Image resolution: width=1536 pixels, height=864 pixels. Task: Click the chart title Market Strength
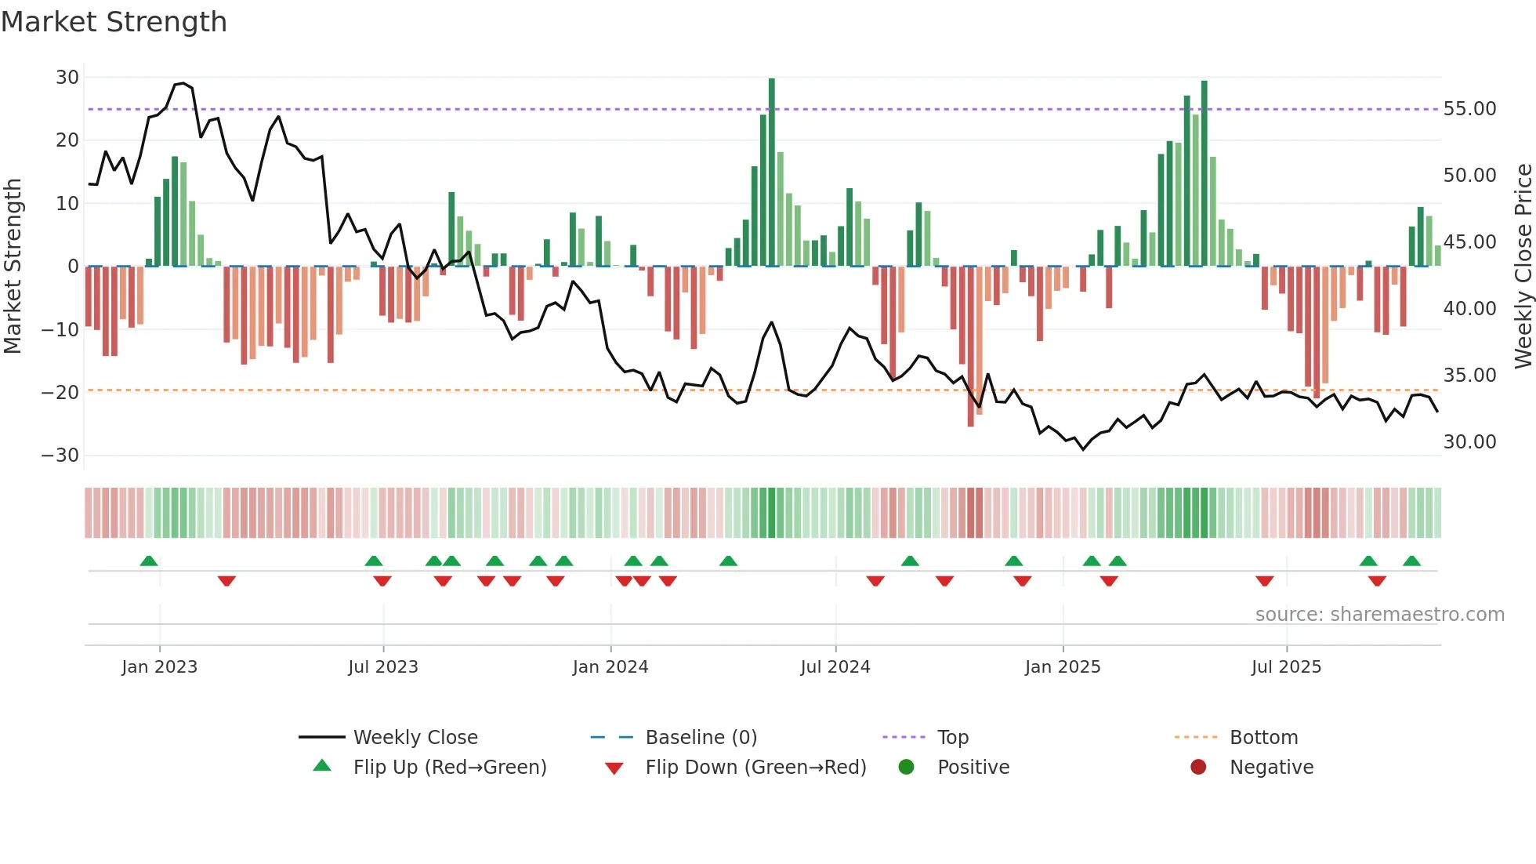tap(114, 22)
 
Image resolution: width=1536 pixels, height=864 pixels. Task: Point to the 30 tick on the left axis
tap(67, 78)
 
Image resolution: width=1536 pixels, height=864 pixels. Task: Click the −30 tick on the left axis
tap(60, 456)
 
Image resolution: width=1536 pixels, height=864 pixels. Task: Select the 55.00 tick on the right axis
tap(1469, 109)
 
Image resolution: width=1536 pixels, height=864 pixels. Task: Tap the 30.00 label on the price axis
tap(1469, 442)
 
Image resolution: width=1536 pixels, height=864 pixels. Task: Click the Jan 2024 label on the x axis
tap(610, 667)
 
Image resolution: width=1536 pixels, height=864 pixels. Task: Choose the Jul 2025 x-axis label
tap(1286, 667)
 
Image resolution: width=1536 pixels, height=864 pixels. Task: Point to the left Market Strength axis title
tap(13, 267)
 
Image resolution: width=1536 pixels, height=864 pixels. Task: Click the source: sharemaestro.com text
tap(1379, 615)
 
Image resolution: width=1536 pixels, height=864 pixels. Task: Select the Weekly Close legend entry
tap(415, 738)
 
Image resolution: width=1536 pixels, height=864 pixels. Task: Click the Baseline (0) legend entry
tap(701, 738)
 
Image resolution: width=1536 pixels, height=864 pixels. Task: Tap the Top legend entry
tap(952, 738)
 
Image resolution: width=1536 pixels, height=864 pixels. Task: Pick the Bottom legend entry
tap(1263, 738)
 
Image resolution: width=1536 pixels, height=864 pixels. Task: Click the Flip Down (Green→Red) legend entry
tap(755, 768)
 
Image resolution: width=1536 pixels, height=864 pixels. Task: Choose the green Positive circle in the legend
tap(907, 768)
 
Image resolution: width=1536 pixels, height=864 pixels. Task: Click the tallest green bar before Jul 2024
tap(772, 172)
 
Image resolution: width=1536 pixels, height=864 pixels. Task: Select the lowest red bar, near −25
tap(971, 347)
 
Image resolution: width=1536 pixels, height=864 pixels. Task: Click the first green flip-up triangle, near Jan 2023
tap(149, 561)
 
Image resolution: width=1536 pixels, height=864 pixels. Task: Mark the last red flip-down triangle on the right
tap(1377, 581)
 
